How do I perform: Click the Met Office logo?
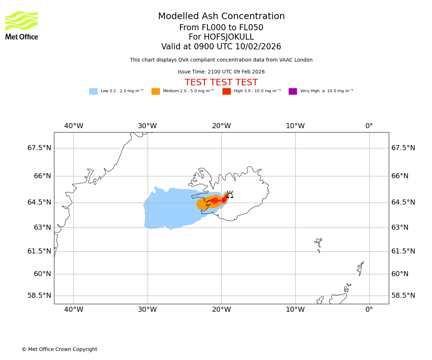coord(22,25)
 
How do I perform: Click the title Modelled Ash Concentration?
coord(221,17)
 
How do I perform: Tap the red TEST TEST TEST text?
coord(221,83)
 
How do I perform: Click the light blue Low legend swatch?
coord(93,91)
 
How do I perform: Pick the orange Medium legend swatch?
coord(156,91)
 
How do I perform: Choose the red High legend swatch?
coord(226,91)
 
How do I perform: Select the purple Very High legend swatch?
coord(293,91)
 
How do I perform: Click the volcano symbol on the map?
coord(230,195)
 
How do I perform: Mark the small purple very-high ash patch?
coord(224,200)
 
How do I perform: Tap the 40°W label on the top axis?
coord(73,126)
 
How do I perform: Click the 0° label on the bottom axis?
coord(369,309)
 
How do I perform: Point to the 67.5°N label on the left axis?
coord(39,148)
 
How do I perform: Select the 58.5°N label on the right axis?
coord(403,296)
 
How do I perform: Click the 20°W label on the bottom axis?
coord(221,309)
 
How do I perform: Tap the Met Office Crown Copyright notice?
coord(59,350)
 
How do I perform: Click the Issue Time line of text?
coord(221,72)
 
